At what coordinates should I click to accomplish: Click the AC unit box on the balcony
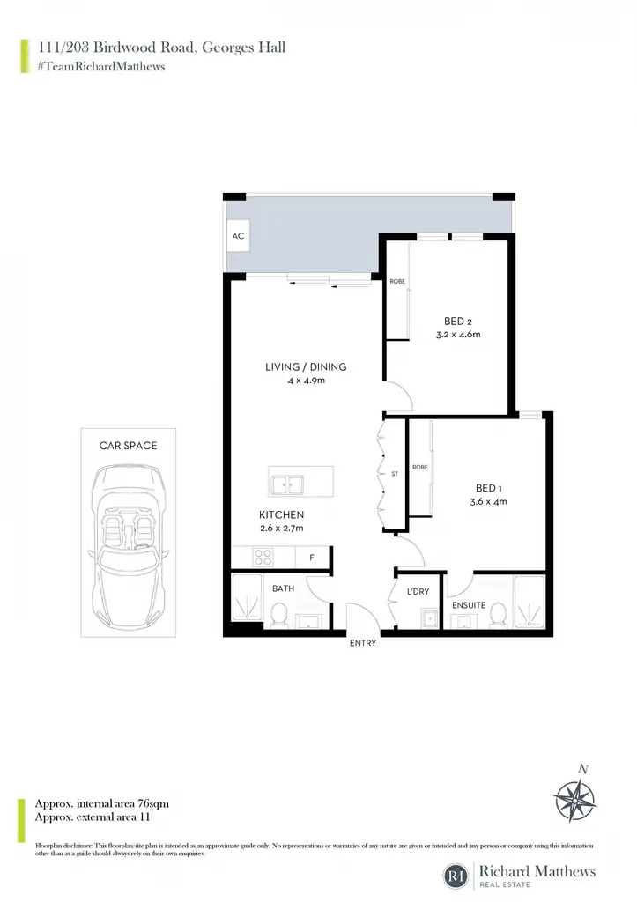(x=238, y=236)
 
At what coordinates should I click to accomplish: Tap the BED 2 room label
(x=458, y=322)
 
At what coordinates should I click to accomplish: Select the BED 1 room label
(x=488, y=488)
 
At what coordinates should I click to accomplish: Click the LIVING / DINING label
(x=306, y=367)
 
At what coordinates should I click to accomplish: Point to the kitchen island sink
(x=288, y=485)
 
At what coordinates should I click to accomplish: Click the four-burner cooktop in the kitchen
(x=263, y=558)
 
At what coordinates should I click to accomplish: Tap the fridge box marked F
(x=312, y=558)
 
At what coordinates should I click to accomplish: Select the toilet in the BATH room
(x=278, y=614)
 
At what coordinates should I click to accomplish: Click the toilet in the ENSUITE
(x=499, y=614)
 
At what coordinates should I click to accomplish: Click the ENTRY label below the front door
(x=362, y=643)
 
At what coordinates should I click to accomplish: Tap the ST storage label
(x=395, y=474)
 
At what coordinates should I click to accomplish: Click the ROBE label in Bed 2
(x=397, y=281)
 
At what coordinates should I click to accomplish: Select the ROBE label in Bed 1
(x=420, y=467)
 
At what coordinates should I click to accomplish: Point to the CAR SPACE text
(x=128, y=446)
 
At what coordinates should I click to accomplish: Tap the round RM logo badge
(x=456, y=876)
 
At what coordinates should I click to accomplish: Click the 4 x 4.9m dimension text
(x=306, y=381)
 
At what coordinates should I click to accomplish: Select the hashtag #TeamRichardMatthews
(x=101, y=67)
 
